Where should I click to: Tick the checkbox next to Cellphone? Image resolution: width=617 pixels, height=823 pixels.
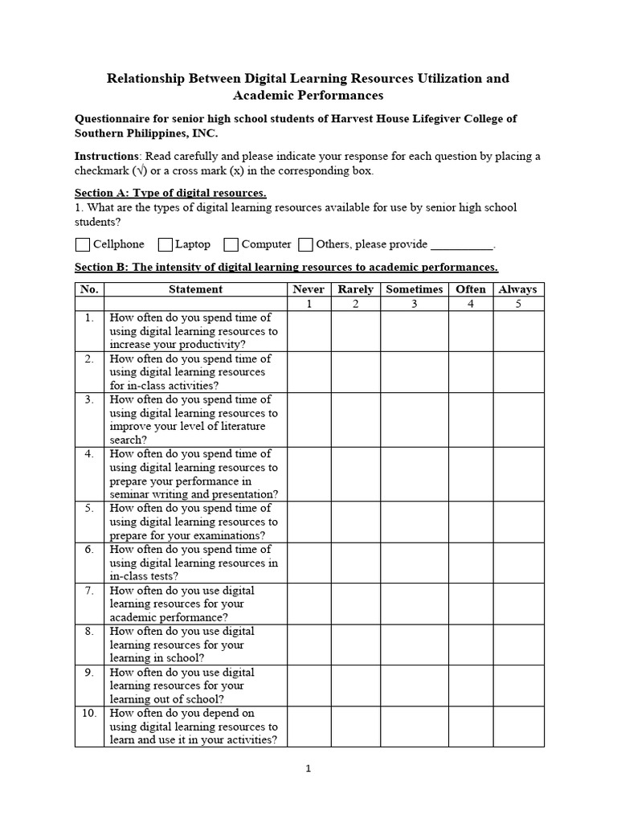pyautogui.click(x=83, y=244)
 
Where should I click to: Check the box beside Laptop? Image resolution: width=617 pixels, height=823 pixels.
pyautogui.click(x=165, y=244)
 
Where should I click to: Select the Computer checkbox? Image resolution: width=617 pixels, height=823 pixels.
pyautogui.click(x=231, y=244)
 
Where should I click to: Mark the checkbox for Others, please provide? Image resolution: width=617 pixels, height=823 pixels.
pyautogui.click(x=306, y=244)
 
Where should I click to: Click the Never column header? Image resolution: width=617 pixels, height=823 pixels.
pyautogui.click(x=309, y=289)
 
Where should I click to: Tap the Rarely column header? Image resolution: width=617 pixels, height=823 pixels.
pyautogui.click(x=355, y=289)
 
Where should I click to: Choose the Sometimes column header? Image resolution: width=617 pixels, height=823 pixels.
pyautogui.click(x=415, y=289)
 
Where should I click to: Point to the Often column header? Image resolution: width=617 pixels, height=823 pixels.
pyautogui.click(x=471, y=289)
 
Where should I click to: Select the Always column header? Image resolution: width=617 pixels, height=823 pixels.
pyautogui.click(x=518, y=289)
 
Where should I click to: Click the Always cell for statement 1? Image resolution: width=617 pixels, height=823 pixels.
pyautogui.click(x=518, y=331)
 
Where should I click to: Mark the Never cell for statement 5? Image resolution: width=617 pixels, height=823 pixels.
pyautogui.click(x=309, y=522)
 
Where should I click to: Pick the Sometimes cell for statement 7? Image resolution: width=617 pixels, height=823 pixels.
pyautogui.click(x=415, y=604)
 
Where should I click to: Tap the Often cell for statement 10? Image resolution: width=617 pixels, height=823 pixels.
pyautogui.click(x=471, y=727)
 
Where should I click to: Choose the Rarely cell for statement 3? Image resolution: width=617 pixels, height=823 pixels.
pyautogui.click(x=355, y=420)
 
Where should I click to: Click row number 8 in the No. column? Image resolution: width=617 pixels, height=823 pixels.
pyautogui.click(x=89, y=632)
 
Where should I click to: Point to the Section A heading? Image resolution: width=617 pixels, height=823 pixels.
pyautogui.click(x=170, y=194)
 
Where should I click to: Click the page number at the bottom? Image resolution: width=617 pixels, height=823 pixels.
pyautogui.click(x=309, y=768)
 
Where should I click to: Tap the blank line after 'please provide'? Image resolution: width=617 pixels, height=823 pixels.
pyautogui.click(x=462, y=245)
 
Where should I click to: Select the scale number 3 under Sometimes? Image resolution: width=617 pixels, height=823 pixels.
pyautogui.click(x=415, y=304)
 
